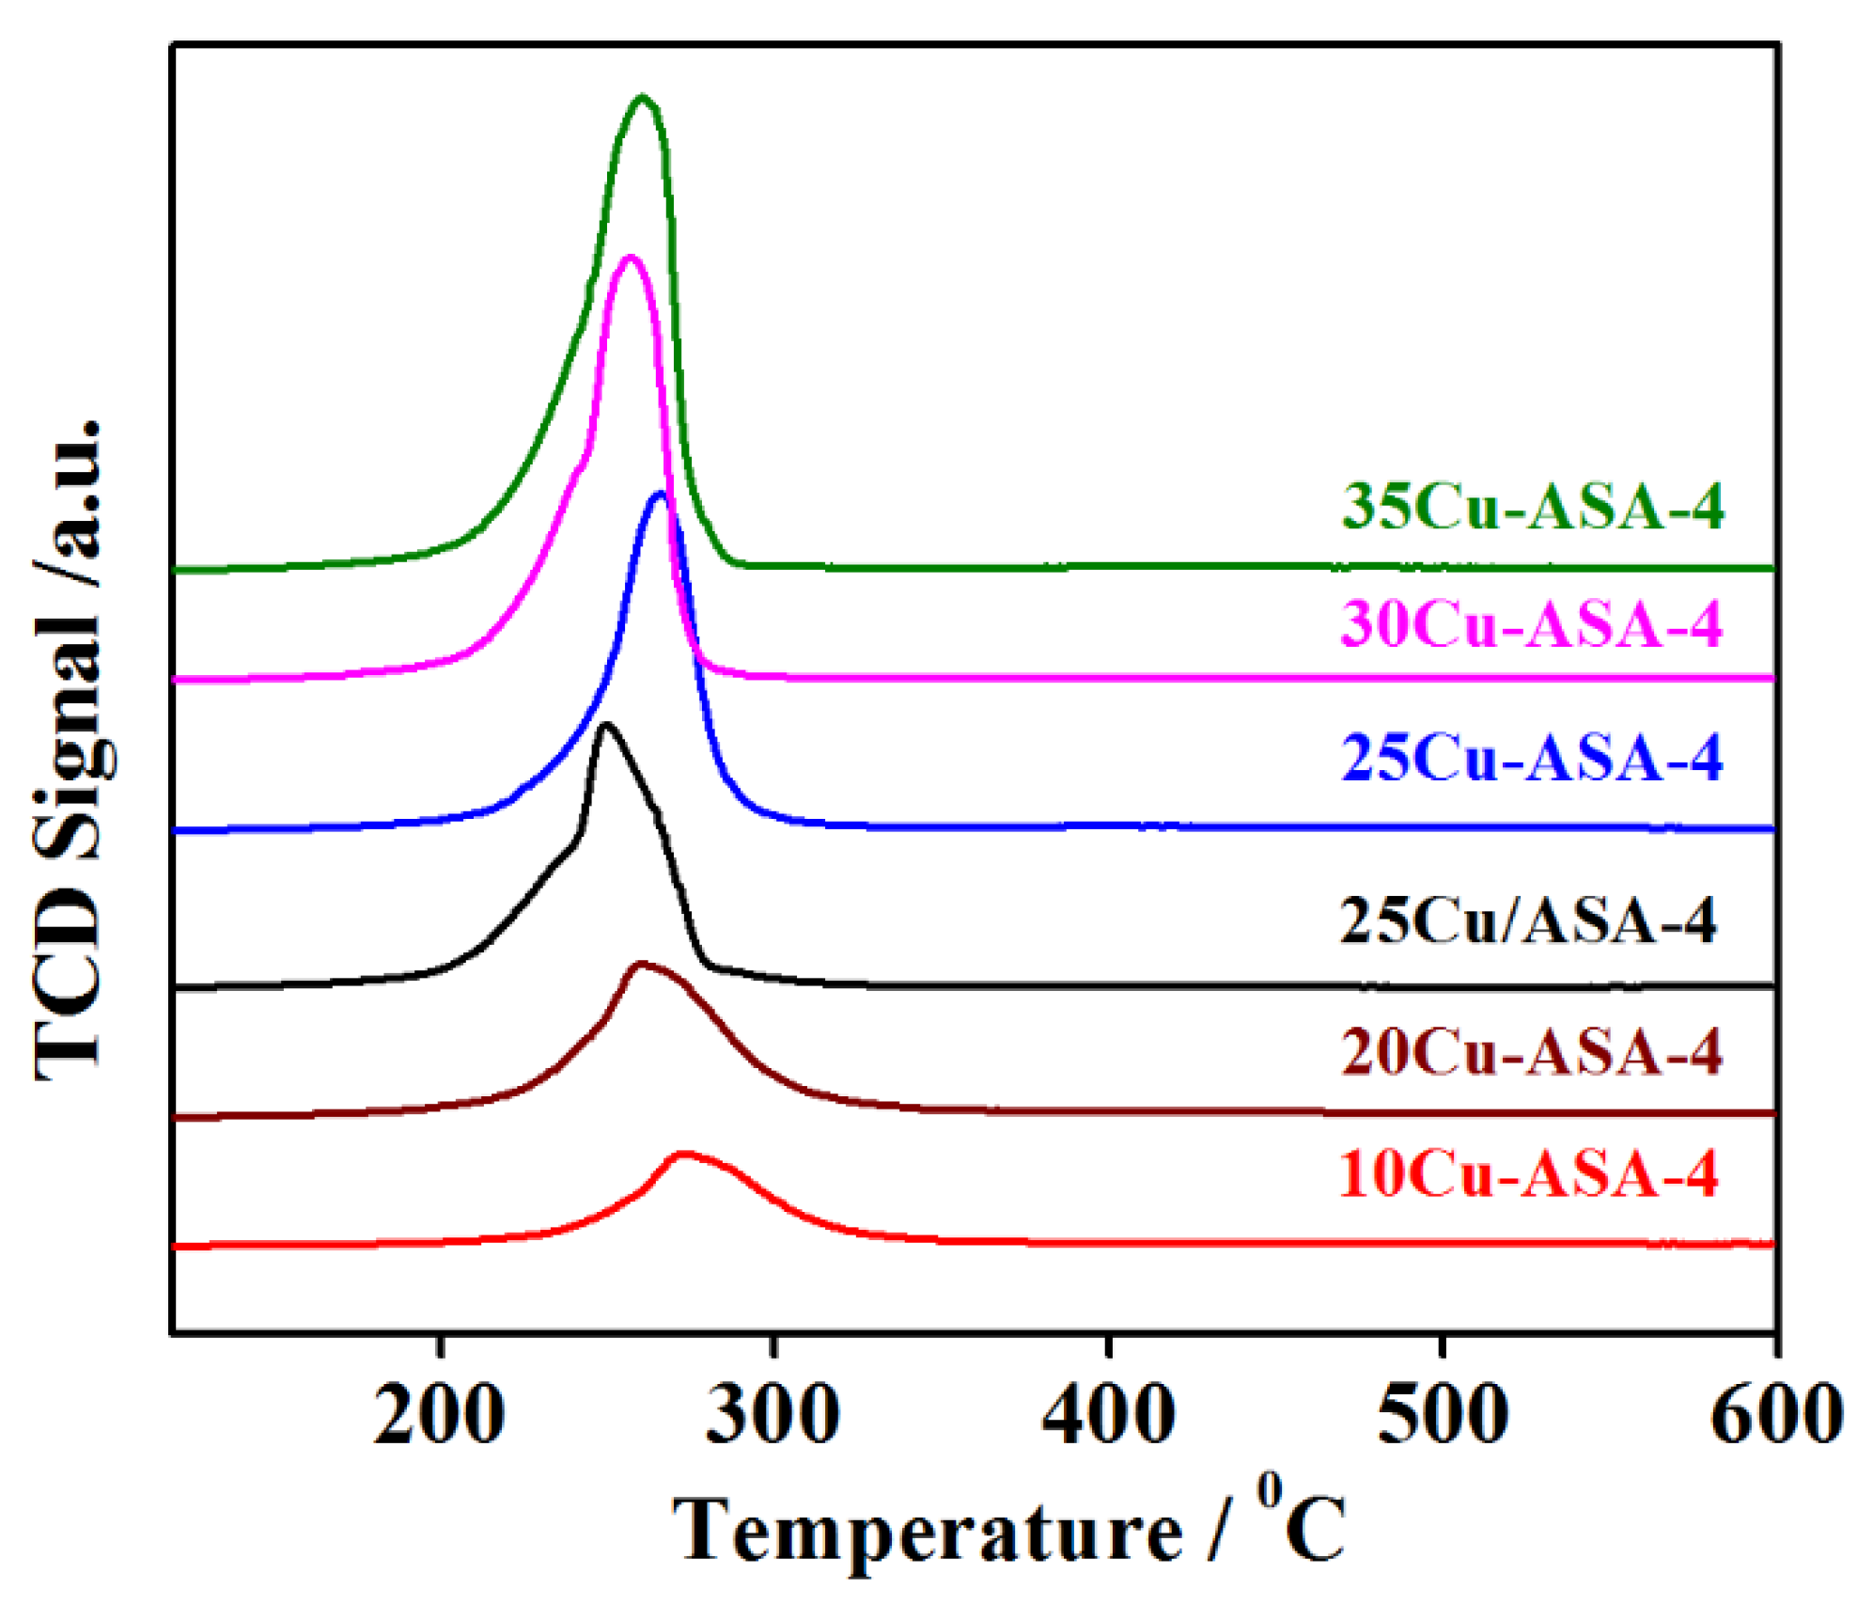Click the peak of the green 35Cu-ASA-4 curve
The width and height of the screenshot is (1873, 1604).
(x=642, y=97)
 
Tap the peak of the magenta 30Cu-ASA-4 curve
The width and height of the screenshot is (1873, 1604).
(x=630, y=257)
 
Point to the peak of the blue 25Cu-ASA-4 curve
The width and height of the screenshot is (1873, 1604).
(x=660, y=494)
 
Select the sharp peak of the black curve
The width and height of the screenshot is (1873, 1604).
(x=606, y=724)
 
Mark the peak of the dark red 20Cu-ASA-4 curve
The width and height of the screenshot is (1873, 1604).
(x=641, y=964)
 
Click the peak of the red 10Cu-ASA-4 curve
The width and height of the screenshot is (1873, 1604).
(x=684, y=1154)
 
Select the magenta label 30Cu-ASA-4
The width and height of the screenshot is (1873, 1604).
(x=1531, y=623)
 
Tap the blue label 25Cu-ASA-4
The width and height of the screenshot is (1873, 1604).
(x=1531, y=758)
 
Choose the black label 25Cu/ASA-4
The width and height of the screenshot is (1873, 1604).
(x=1527, y=920)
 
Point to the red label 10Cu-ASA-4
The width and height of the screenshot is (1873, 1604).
(x=1528, y=1174)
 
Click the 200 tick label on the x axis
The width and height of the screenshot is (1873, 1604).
(x=439, y=1415)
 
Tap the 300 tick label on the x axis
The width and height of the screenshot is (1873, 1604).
(x=773, y=1415)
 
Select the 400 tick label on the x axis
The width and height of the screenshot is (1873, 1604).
(x=1108, y=1415)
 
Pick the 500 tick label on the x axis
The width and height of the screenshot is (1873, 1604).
(x=1443, y=1415)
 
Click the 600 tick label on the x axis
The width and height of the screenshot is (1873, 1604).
(x=1775, y=1415)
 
